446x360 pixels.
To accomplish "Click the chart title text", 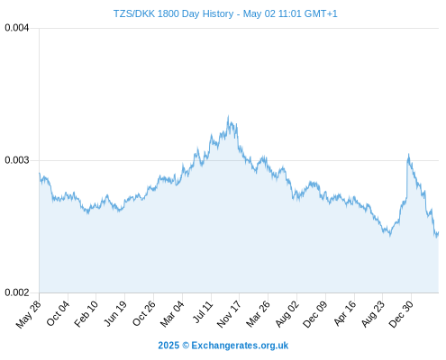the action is [x=225, y=13].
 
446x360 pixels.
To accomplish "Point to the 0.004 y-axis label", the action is [x=17, y=28].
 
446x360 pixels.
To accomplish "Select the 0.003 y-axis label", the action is [x=17, y=160].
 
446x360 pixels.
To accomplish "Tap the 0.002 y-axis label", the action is [x=17, y=292].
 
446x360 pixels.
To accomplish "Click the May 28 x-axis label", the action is [x=28, y=314].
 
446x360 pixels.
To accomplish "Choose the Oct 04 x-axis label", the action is [x=58, y=313].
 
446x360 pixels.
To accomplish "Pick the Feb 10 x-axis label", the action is [x=86, y=314].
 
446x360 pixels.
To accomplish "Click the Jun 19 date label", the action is [x=115, y=313].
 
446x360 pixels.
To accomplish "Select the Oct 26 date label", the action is [x=144, y=313].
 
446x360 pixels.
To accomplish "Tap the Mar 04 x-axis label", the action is [x=172, y=314].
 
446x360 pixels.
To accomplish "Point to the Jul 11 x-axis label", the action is [x=203, y=312].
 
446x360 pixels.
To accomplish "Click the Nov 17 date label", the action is [x=229, y=314].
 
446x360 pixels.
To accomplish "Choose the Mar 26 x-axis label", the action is [x=258, y=314].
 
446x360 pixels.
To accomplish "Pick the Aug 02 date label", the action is [x=287, y=314].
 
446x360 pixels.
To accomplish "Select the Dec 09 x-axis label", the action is [x=314, y=314].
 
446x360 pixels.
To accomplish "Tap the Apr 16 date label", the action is [x=345, y=313].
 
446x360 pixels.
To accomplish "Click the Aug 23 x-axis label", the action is [x=373, y=314].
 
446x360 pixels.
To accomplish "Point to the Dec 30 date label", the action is [x=401, y=314].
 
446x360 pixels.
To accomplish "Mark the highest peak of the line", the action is [x=228, y=116].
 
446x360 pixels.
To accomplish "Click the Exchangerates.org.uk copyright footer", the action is [x=223, y=346].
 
